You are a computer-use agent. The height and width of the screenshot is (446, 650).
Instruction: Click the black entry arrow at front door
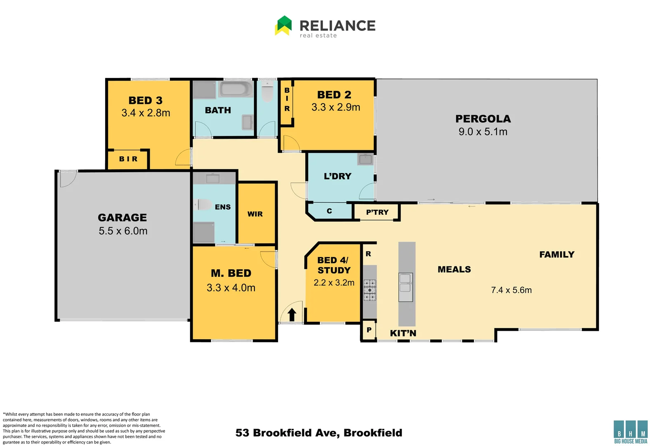[292, 315]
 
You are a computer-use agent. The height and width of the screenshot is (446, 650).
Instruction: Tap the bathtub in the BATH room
[236, 89]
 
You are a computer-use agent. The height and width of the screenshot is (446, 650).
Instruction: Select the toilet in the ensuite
[203, 204]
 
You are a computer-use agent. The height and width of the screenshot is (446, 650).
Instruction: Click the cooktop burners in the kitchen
[370, 290]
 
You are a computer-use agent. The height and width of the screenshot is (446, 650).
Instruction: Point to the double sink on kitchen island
[405, 287]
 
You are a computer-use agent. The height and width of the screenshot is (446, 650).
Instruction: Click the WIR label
[255, 214]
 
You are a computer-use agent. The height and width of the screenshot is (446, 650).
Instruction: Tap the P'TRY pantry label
[377, 212]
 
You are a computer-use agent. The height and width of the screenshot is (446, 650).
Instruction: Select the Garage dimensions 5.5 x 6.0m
[123, 231]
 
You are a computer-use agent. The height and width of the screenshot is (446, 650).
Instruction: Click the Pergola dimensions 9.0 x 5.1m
[483, 132]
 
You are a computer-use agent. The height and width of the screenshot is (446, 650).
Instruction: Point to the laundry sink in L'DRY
[365, 159]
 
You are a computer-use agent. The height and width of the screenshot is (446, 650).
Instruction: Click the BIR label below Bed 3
[128, 159]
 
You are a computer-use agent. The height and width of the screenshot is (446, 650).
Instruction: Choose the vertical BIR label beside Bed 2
[287, 100]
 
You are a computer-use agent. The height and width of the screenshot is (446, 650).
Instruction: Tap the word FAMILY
[557, 254]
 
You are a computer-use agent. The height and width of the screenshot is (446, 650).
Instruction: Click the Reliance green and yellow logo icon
[283, 26]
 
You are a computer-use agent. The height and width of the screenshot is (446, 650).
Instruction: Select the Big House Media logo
[631, 432]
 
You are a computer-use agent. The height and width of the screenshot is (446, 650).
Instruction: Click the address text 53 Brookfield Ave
[318, 433]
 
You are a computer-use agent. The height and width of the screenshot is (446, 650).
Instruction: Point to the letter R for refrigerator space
[368, 254]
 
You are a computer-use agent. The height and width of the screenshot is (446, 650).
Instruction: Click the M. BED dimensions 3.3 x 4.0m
[231, 288]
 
